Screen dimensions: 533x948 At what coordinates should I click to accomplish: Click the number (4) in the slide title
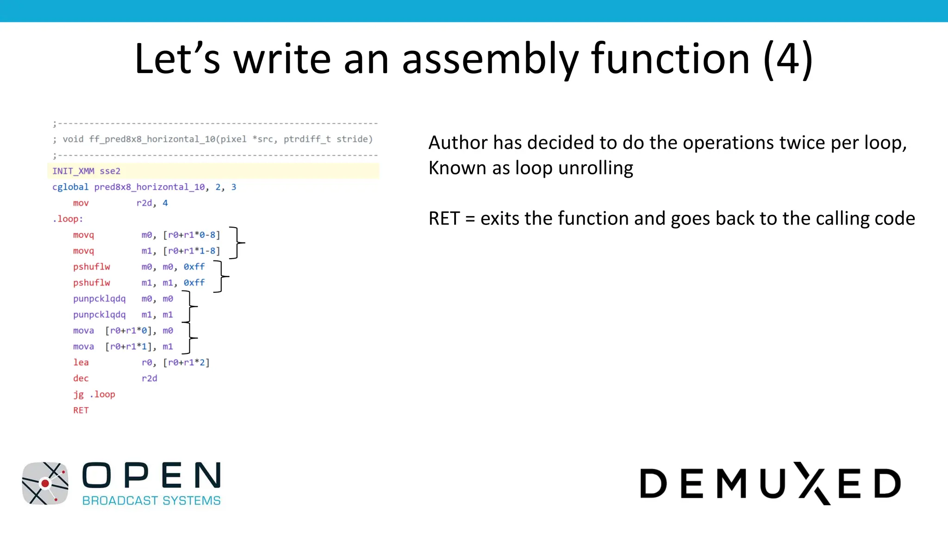click(x=788, y=59)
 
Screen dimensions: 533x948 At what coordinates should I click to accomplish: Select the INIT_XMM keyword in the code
click(x=73, y=171)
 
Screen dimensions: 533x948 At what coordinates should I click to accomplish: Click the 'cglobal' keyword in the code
click(x=70, y=187)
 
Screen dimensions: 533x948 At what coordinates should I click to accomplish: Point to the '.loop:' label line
click(x=68, y=219)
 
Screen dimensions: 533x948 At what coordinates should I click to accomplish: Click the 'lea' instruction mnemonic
click(x=81, y=362)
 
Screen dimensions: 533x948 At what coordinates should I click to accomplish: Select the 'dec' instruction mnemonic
click(x=81, y=378)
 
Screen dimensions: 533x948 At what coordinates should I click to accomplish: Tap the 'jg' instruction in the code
click(x=78, y=394)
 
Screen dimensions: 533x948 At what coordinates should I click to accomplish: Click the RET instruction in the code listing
click(x=81, y=410)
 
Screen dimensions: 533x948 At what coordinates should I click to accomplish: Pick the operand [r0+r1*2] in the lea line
click(x=187, y=362)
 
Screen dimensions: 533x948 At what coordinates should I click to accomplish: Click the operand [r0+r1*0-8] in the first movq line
click(x=192, y=235)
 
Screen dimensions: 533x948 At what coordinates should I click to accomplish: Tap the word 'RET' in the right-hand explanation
click(x=444, y=218)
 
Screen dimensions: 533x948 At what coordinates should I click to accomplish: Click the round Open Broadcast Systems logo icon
click(x=45, y=483)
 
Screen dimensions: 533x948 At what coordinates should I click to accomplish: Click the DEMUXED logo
click(x=770, y=483)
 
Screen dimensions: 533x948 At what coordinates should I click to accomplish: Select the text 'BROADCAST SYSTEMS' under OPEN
click(x=151, y=501)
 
